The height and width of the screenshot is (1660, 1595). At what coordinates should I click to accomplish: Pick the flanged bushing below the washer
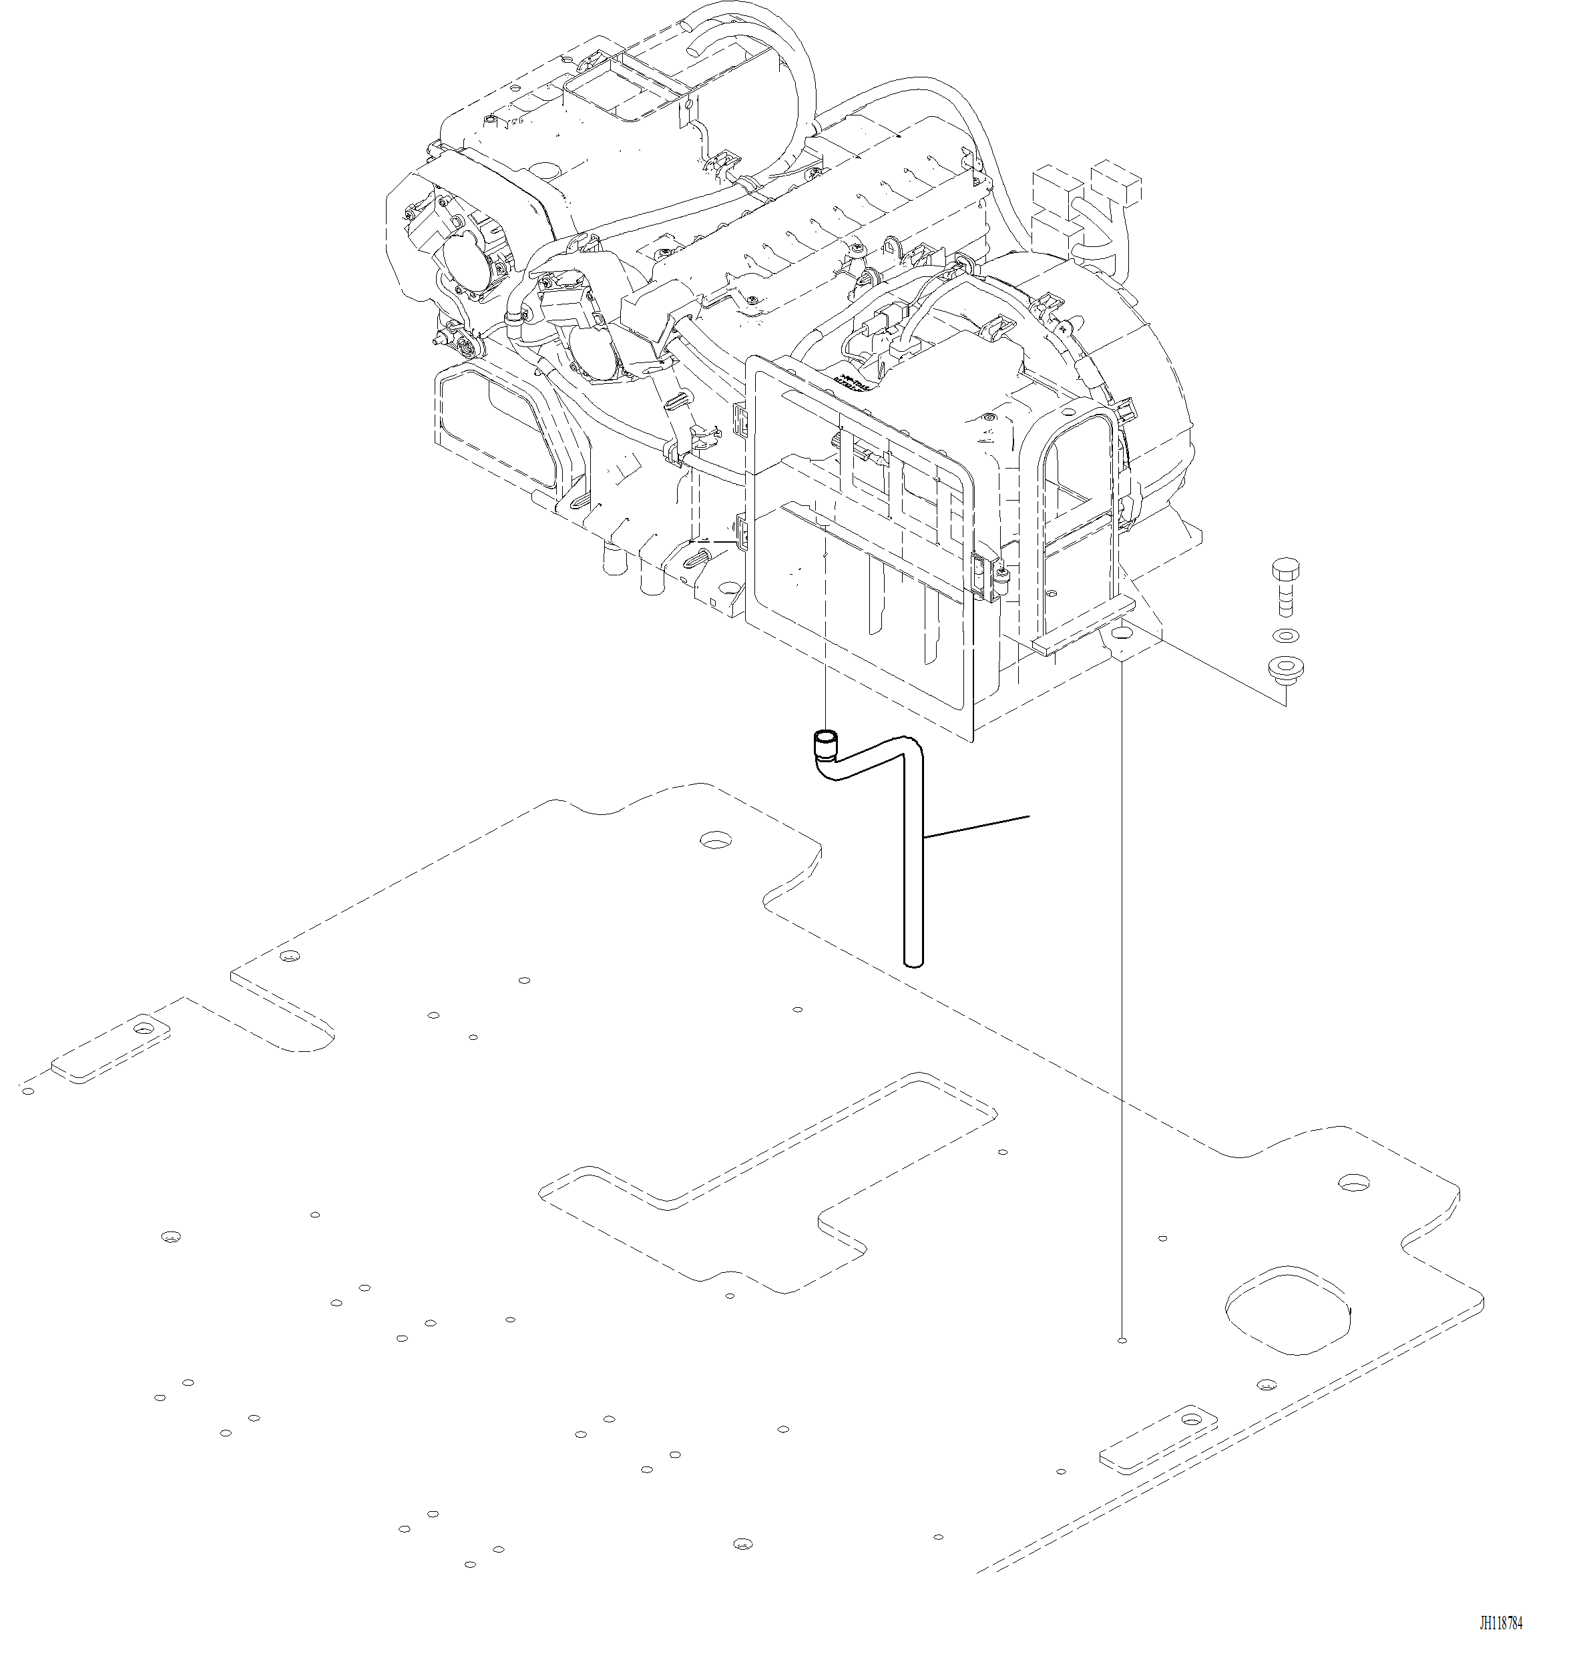pos(1286,669)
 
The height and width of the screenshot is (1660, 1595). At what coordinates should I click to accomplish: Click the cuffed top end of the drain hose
pos(825,746)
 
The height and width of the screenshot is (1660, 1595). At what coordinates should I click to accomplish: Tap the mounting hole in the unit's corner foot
pos(1121,633)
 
